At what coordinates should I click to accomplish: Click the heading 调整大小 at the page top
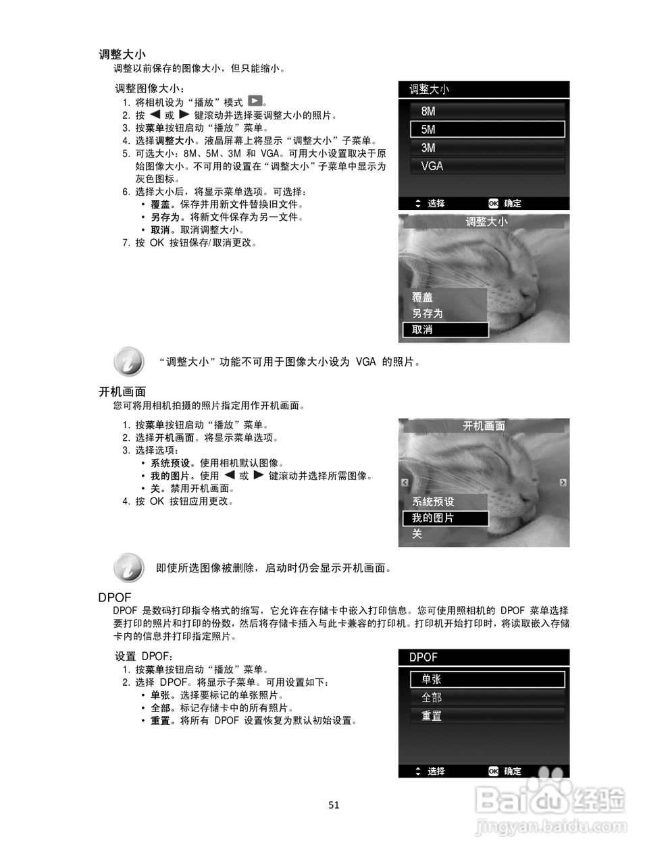(122, 55)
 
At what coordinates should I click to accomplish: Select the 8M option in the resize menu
(487, 111)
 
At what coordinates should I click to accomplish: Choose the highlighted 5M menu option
(487, 130)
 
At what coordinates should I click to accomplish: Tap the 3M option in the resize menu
(487, 148)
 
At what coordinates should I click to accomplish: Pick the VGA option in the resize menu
(487, 166)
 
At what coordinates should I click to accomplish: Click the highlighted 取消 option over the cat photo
(445, 330)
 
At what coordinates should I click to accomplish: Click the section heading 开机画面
(122, 392)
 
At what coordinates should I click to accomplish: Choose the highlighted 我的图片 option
(445, 518)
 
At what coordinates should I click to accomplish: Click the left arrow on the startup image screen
(405, 483)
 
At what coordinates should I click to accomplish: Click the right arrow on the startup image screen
(563, 483)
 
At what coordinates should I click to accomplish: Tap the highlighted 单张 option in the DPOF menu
(487, 680)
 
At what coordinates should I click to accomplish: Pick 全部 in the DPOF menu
(487, 698)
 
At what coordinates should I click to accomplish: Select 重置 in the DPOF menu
(487, 716)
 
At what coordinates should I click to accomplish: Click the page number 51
(334, 805)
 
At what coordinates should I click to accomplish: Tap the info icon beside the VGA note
(128, 362)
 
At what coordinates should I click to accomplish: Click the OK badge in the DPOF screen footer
(494, 772)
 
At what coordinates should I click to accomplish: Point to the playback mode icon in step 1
(255, 102)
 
